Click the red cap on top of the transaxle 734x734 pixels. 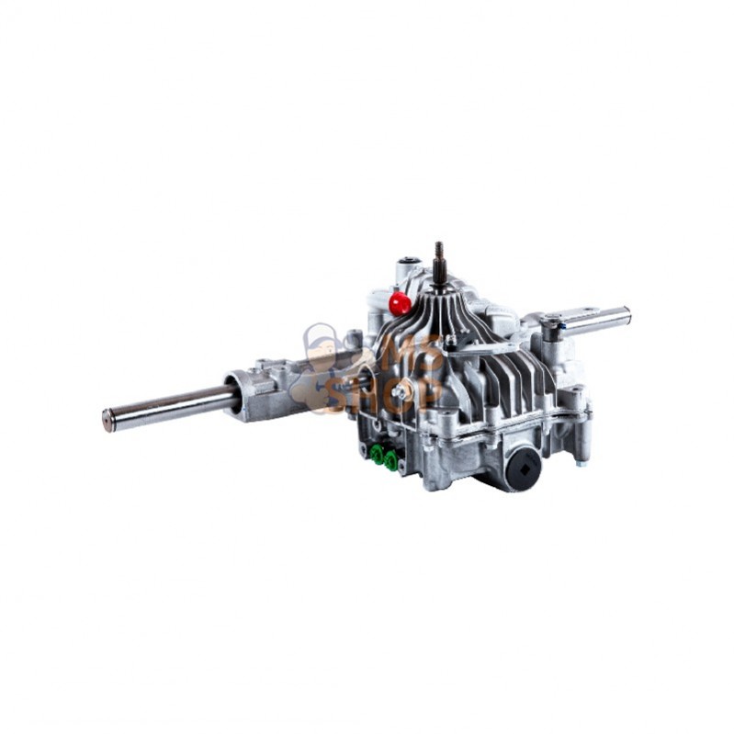click(399, 303)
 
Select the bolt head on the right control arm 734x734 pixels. click(551, 322)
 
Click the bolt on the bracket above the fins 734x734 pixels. click(449, 341)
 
